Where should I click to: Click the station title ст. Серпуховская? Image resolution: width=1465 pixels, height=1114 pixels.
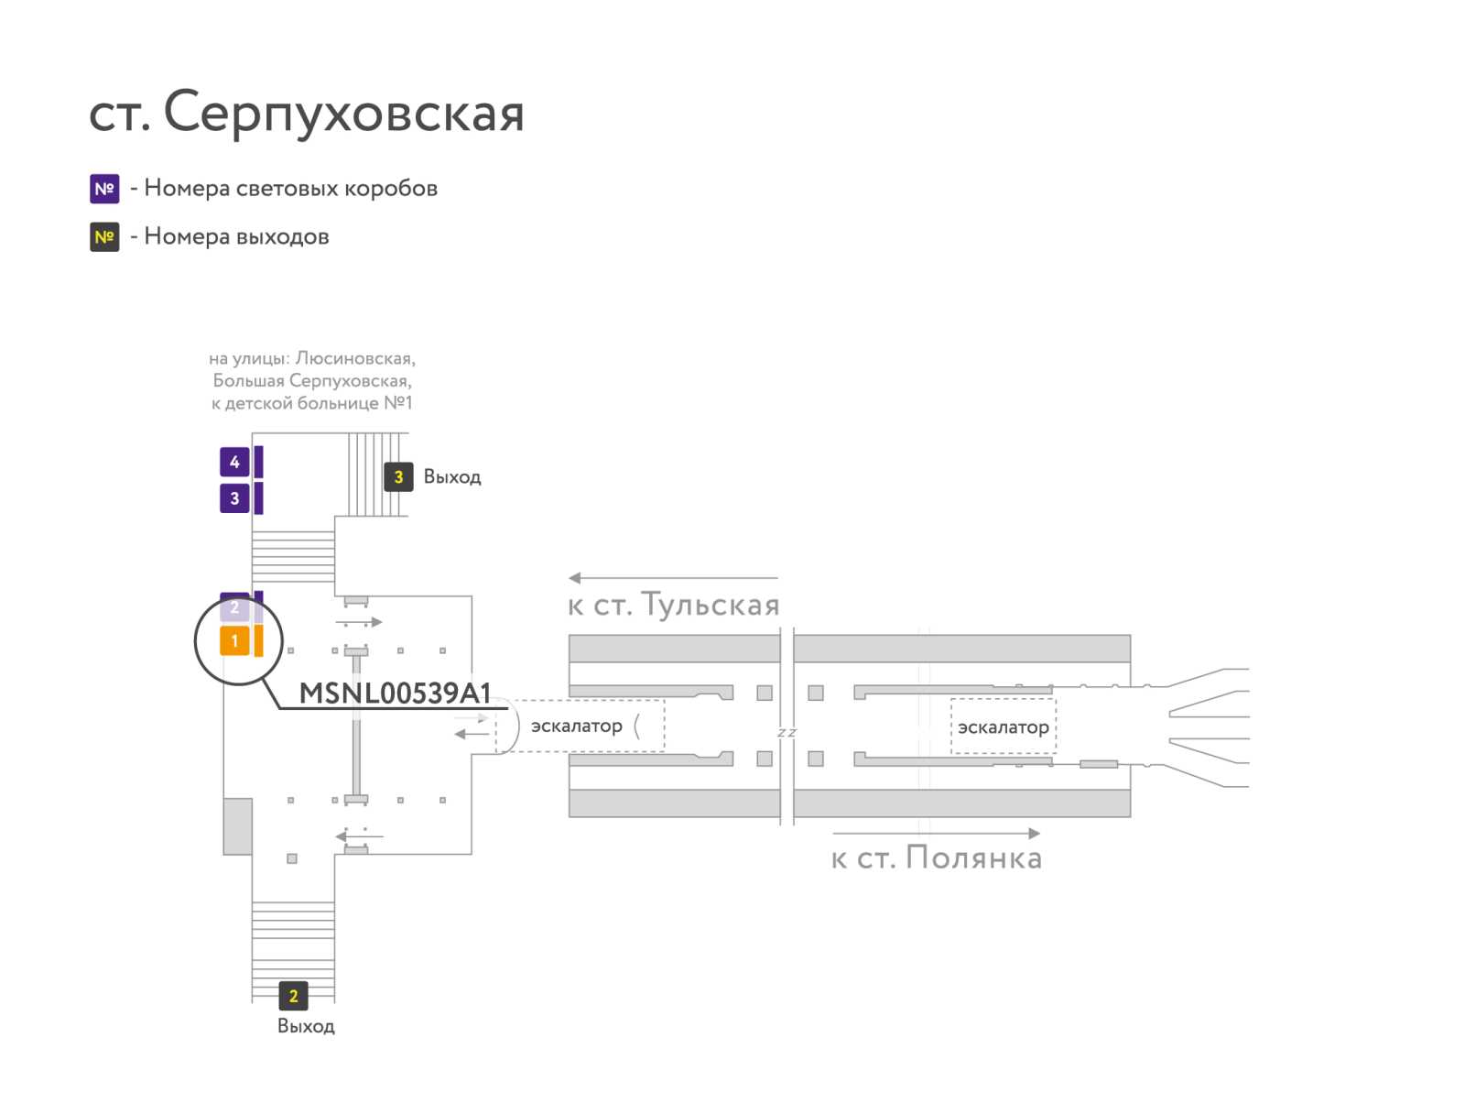(306, 112)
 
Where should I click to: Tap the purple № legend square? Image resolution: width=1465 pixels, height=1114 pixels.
(104, 188)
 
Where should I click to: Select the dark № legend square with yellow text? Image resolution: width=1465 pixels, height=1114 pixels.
(104, 236)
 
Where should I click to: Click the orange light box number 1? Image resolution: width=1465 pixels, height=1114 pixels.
(234, 640)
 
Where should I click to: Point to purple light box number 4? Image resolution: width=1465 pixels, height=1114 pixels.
(234, 461)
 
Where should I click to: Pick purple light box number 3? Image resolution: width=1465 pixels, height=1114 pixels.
(234, 497)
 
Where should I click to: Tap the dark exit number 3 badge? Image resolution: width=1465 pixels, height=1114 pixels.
(397, 476)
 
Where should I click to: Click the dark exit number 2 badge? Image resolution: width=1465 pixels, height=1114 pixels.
(293, 995)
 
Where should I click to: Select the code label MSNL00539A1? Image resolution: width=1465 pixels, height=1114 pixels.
(395, 693)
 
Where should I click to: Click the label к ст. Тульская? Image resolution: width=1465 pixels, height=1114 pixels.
(673, 604)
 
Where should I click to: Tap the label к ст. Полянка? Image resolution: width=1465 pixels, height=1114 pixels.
(936, 857)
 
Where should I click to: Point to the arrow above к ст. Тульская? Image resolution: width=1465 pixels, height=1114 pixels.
(673, 577)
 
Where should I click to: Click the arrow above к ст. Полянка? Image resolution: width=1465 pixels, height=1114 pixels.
(936, 833)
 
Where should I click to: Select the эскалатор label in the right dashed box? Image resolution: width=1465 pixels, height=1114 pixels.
(1003, 726)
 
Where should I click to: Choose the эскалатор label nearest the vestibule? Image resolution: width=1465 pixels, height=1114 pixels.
(576, 725)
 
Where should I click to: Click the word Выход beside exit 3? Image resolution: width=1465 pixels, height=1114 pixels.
(451, 476)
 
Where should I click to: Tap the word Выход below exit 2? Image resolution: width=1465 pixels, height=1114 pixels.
(306, 1025)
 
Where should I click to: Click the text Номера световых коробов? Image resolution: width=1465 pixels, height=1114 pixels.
(290, 188)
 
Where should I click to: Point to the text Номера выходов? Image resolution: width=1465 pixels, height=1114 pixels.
(236, 235)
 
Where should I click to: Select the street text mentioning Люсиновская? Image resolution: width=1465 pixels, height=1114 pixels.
(311, 358)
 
